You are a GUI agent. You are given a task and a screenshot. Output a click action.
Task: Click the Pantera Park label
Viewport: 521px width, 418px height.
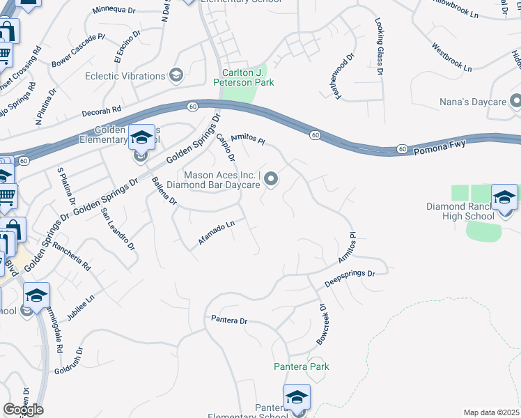click(x=301, y=366)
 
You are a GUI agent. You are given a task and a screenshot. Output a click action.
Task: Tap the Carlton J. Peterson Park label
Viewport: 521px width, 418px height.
click(x=248, y=77)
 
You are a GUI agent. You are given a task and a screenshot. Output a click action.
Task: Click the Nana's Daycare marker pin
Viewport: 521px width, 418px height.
click(x=516, y=102)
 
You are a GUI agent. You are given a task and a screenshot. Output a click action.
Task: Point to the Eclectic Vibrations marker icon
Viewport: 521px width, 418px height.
click(x=176, y=76)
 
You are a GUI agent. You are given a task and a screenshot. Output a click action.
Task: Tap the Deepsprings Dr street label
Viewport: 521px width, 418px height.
click(x=350, y=279)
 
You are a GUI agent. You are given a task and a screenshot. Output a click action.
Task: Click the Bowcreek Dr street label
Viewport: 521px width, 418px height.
click(x=321, y=324)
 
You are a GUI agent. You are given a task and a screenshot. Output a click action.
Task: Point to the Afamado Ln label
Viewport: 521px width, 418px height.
click(x=217, y=232)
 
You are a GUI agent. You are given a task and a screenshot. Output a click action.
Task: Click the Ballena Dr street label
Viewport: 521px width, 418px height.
click(x=164, y=191)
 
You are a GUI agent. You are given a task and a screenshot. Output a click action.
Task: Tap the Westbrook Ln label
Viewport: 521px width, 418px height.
click(x=452, y=59)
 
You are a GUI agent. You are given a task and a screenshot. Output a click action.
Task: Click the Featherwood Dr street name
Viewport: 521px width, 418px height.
click(x=345, y=77)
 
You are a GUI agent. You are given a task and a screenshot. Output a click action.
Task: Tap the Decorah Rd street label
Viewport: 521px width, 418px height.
click(x=102, y=110)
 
